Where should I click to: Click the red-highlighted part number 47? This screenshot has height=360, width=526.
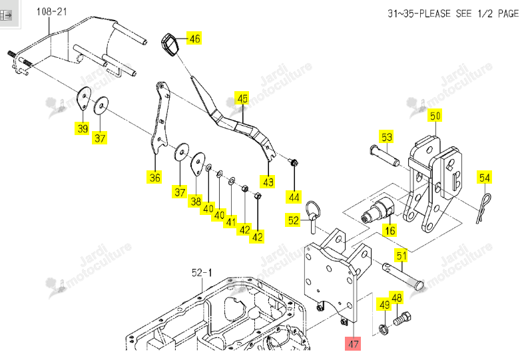click(353, 344)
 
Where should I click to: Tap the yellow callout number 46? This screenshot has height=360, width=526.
click(194, 39)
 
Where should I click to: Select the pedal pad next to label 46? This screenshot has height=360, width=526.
click(170, 46)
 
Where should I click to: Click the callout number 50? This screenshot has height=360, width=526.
click(435, 116)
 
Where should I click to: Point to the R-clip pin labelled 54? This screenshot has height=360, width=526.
click(483, 208)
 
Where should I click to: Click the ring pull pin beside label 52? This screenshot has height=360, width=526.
click(313, 216)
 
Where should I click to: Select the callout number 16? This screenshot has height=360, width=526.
click(390, 230)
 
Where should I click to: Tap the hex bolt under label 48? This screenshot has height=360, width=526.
click(402, 319)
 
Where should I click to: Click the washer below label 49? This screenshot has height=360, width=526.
click(384, 329)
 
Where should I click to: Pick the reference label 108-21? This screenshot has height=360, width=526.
click(52, 12)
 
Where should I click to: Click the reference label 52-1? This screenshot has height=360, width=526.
click(202, 273)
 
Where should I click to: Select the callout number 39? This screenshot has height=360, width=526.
click(83, 128)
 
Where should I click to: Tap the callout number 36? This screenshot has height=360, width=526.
click(154, 177)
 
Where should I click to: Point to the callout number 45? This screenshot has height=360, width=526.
click(242, 98)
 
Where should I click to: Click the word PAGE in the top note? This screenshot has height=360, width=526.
click(508, 13)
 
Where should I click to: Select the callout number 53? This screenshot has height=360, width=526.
click(386, 137)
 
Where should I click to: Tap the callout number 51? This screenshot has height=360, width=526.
click(401, 256)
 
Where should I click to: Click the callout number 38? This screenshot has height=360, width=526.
click(196, 201)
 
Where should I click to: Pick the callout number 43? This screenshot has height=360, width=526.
click(268, 182)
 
